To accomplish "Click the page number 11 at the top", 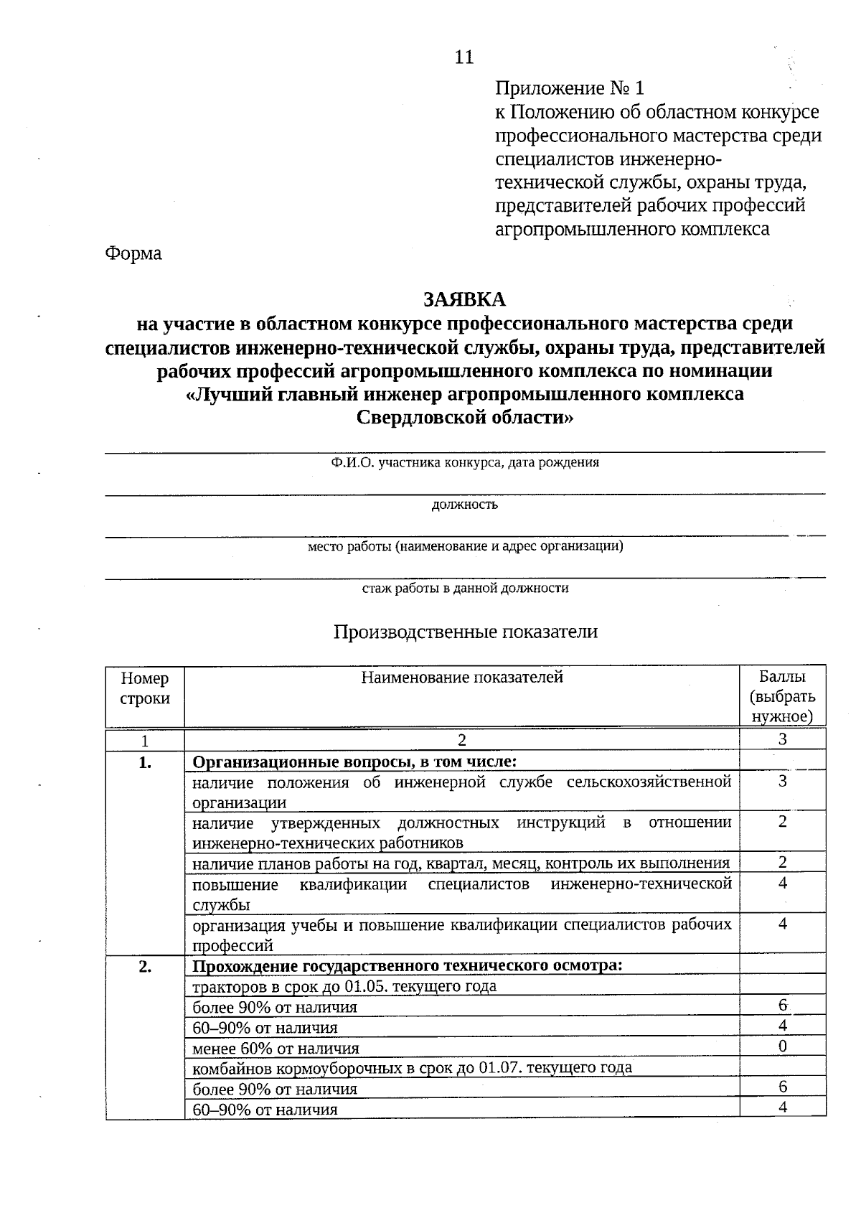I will coord(464,57).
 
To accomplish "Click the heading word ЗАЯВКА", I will coord(464,299).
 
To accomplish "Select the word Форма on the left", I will coord(133,253).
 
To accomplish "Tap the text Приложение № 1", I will coord(570,88).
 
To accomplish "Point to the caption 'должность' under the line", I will coord(464,505).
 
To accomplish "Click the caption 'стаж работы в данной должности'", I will coord(465,589).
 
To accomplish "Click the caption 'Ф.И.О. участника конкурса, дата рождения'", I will coord(465,463).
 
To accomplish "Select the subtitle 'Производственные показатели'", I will coord(465,632).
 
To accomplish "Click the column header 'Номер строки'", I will coord(145,688).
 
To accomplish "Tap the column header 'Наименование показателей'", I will coord(461,678).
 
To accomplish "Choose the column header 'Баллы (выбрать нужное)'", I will coord(782,696).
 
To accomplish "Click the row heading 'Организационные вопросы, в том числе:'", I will coord(355,761).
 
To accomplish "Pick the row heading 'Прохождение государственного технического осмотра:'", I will coord(407,965).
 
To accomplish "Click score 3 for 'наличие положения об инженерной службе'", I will coord(782,782).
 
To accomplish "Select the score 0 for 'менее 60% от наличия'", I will coord(782,1046).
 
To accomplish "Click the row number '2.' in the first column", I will coord(145,966).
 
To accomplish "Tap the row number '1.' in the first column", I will coord(145,762).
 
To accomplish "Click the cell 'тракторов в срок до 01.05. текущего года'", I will coord(344,986).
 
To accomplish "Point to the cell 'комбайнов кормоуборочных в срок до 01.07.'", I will coord(412,1068).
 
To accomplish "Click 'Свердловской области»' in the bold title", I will coord(465,418).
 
